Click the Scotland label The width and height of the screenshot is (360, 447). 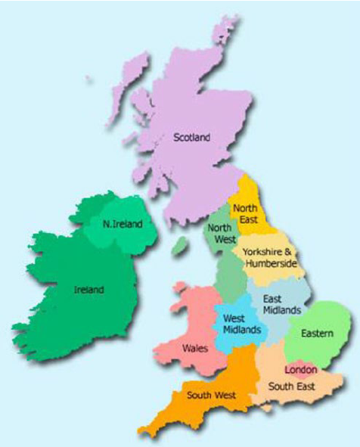(x=191, y=137)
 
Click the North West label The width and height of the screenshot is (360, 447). (x=220, y=233)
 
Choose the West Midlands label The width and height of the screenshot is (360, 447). (x=238, y=324)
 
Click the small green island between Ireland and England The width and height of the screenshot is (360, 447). (x=179, y=247)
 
